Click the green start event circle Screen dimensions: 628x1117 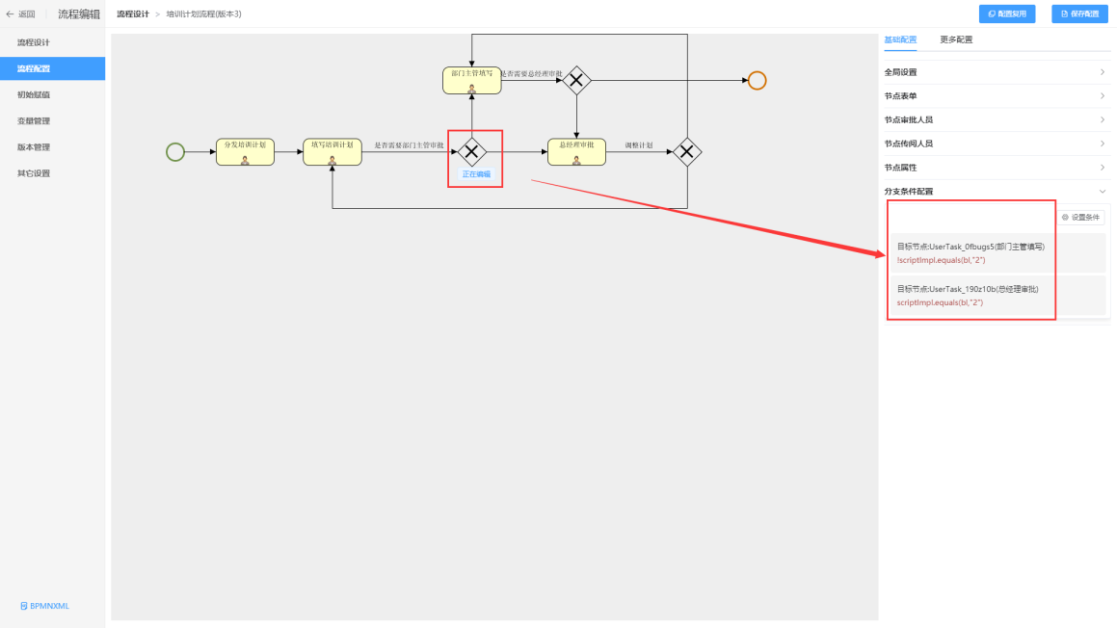point(174,151)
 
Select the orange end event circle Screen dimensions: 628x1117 point(757,81)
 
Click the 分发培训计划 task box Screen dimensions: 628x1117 point(245,151)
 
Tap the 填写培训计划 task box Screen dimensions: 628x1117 point(332,151)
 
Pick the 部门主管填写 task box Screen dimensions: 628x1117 point(472,80)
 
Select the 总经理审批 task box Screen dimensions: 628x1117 point(576,151)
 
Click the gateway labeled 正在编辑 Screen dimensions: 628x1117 point(472,151)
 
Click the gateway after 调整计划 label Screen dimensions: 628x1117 point(686,151)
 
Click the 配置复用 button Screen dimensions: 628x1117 point(1007,13)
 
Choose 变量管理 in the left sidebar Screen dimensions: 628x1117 point(34,121)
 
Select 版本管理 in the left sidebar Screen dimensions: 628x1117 point(34,147)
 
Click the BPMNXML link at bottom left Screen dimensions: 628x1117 point(45,606)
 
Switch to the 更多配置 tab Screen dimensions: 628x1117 point(956,39)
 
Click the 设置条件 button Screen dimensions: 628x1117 point(1080,218)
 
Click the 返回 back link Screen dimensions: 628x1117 point(21,13)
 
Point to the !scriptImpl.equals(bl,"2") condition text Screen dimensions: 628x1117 point(932,260)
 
